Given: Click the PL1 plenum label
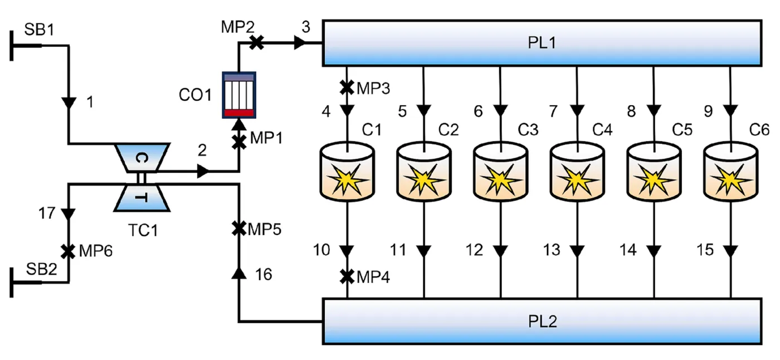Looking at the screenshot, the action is (x=542, y=42).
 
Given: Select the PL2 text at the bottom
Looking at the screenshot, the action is (x=543, y=322).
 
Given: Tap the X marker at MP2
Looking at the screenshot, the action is (x=257, y=43).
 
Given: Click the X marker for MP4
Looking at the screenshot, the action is (x=347, y=277).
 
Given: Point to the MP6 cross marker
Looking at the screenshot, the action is (x=68, y=251).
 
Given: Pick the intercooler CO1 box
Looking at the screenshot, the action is (x=239, y=95).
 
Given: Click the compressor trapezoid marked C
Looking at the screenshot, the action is (x=143, y=158).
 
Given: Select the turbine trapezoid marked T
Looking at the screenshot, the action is (x=142, y=198).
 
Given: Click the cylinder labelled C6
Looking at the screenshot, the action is (x=730, y=171).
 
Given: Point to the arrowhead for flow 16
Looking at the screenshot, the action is (x=239, y=273).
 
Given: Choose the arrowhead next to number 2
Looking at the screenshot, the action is (x=203, y=171).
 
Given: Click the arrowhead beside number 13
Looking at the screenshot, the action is (x=577, y=251).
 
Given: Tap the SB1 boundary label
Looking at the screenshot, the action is (x=40, y=30).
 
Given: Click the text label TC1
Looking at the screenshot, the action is (x=143, y=230).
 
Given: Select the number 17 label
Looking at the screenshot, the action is (x=47, y=213).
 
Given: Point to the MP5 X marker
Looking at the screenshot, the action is (x=239, y=228).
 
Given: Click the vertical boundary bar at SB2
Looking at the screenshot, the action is (x=12, y=283).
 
